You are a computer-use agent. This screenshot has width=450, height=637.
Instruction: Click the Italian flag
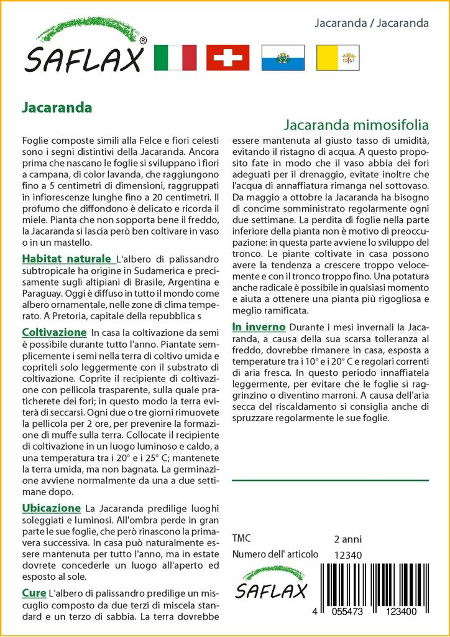[x=175, y=58]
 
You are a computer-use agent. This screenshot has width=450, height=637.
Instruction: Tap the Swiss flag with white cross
[x=227, y=58]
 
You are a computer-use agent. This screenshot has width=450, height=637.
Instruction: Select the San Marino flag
[x=283, y=58]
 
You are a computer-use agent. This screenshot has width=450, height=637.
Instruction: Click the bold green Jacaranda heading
[x=57, y=107]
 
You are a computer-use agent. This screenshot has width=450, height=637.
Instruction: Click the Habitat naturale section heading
[x=67, y=259]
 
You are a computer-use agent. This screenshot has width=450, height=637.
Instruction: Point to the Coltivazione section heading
[x=54, y=333]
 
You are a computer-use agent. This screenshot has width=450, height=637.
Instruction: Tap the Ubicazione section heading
[x=52, y=508]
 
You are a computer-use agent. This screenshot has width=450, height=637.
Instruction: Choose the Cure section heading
[x=34, y=592]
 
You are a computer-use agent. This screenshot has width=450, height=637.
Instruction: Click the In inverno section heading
[x=259, y=327]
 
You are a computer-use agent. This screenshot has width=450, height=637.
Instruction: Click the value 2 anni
[x=347, y=539]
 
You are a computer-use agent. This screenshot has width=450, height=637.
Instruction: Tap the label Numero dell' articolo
[x=275, y=555]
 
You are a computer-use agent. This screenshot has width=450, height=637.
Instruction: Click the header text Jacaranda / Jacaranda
[x=372, y=24]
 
